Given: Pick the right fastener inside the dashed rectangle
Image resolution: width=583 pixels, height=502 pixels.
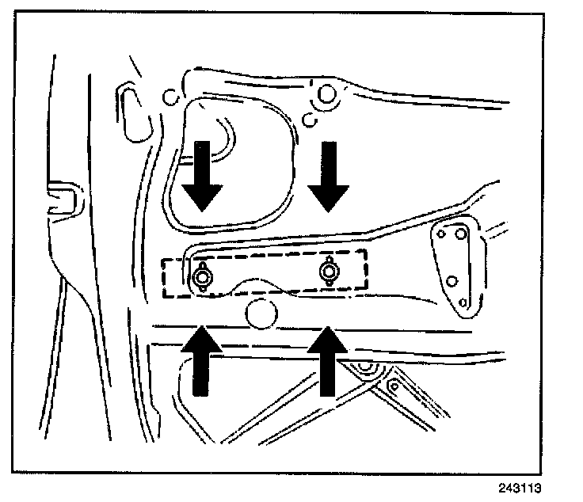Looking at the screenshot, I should pyautogui.click(x=328, y=272).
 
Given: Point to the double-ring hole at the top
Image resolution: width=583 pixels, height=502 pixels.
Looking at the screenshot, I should pyautogui.click(x=325, y=95).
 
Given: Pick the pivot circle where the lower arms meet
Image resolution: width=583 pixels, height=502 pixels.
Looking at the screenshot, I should pyautogui.click(x=365, y=367).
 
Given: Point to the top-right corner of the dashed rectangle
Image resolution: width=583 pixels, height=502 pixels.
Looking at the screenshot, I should pyautogui.click(x=367, y=252).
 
